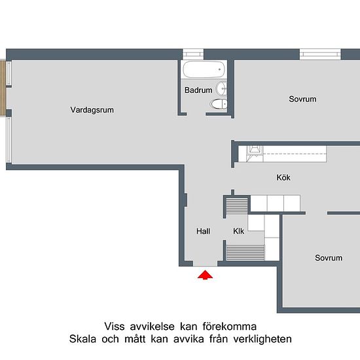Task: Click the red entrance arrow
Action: point(206,276)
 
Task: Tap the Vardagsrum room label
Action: point(92,110)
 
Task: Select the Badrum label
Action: point(198,90)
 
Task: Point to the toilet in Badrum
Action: point(218,104)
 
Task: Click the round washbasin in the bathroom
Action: point(222,88)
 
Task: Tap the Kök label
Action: point(283,177)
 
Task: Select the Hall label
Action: point(204,231)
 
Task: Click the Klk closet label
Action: point(239,231)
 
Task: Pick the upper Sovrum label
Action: point(302,99)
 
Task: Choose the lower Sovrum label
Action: point(328,258)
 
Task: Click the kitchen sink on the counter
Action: point(253,153)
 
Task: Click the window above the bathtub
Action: point(193,53)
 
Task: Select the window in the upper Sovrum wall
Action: point(319,53)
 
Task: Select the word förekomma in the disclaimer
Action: point(229,326)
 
